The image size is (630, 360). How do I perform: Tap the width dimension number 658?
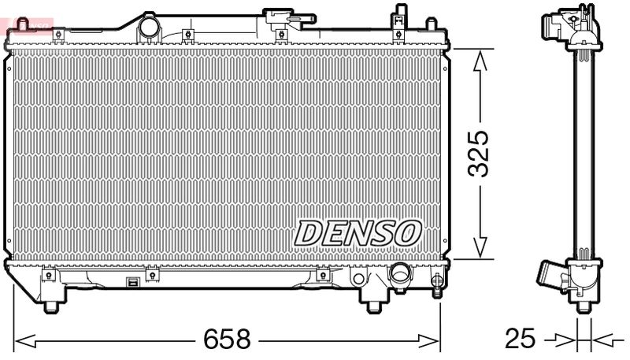[227, 340]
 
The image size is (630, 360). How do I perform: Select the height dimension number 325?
[481, 152]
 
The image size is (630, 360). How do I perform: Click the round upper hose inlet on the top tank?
[148, 29]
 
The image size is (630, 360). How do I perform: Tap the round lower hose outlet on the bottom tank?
[401, 276]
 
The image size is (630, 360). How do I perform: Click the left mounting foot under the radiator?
[53, 305]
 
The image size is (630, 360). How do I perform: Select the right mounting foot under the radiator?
[372, 305]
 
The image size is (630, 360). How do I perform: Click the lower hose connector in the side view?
[553, 276]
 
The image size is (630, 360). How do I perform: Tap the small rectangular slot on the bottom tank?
[133, 282]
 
